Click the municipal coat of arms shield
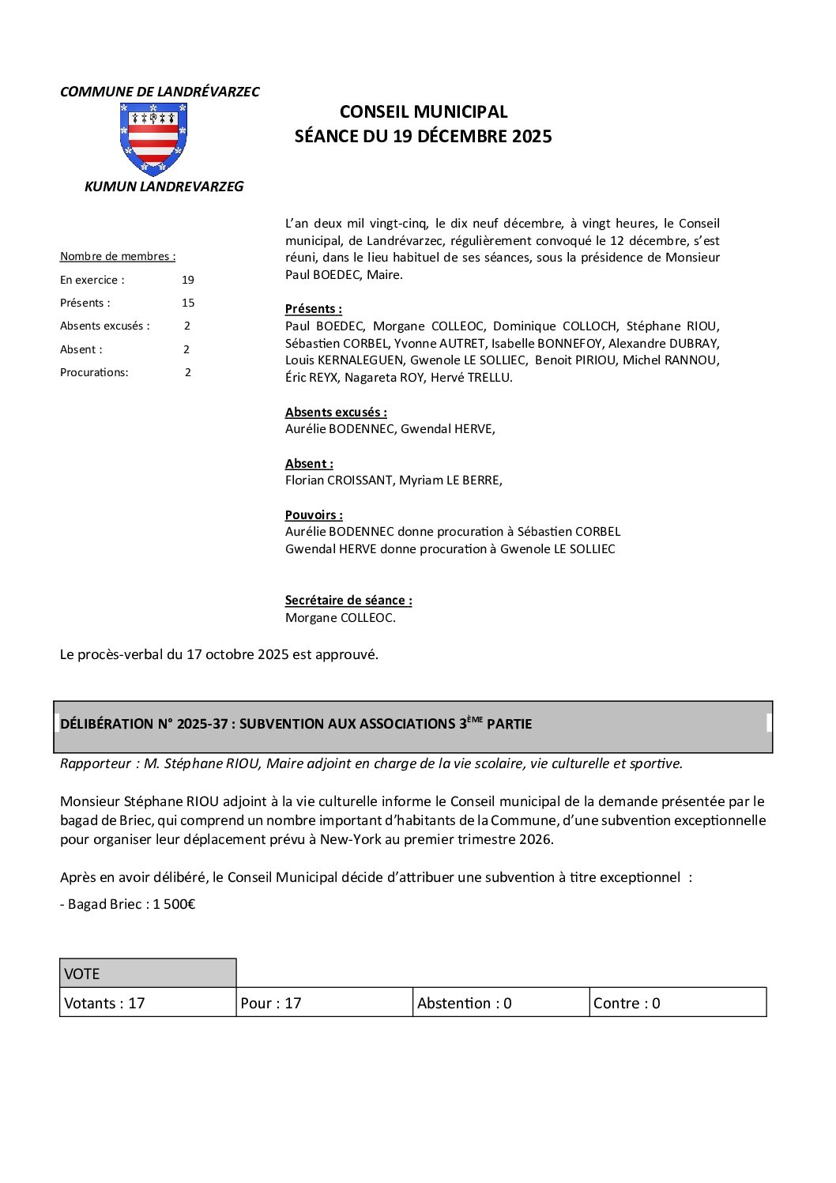tap(153, 139)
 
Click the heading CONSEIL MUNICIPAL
tap(424, 112)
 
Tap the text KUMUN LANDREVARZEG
tap(164, 187)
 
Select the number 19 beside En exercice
tap(187, 280)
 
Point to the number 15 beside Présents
tap(187, 303)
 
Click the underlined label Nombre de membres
tap(118, 256)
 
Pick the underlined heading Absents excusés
tap(336, 412)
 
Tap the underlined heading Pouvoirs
tap(314, 514)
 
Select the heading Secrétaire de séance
tap(348, 600)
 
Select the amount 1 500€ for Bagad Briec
tap(174, 904)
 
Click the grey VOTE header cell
tap(148, 974)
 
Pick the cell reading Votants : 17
tap(148, 1003)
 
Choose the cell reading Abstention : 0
tap(501, 1003)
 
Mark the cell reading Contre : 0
tap(677, 1003)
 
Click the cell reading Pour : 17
tap(324, 1003)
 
